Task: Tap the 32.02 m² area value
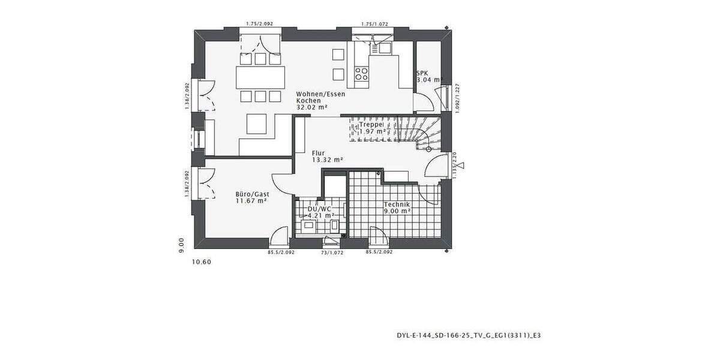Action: (312, 107)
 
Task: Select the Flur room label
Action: (318, 152)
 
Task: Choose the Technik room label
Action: (397, 204)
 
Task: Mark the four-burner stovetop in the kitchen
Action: (362, 74)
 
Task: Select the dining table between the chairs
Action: (260, 77)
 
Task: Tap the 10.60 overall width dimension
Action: (201, 262)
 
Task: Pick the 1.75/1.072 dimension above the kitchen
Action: (375, 24)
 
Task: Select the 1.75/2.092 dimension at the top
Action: (259, 24)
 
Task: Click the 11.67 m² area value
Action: (251, 201)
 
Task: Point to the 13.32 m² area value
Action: (327, 160)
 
